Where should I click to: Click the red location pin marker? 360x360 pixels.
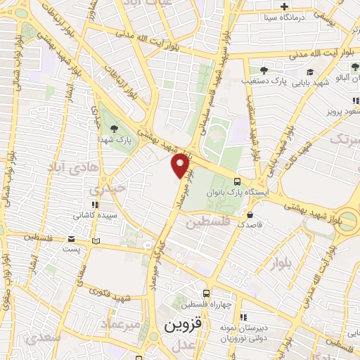pos(181,166)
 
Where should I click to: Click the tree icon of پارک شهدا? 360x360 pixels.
pos(114,128)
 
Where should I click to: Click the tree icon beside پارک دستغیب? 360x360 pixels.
pos(264,70)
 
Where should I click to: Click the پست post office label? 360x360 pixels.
pos(72,248)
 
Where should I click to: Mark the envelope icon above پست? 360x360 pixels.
pos(72,238)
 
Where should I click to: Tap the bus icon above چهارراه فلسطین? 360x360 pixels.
pos(206,293)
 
